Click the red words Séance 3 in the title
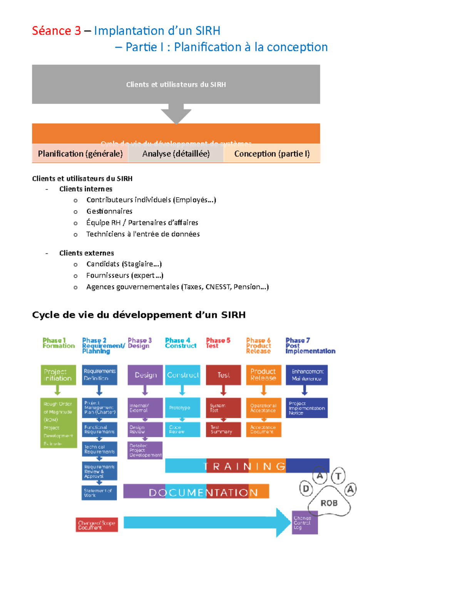56,31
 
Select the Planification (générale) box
80,154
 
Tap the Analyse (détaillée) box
176,154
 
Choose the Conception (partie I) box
272,154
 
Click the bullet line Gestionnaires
109,211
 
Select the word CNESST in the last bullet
218,287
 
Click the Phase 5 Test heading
218,343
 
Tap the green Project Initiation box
58,375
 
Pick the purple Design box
145,375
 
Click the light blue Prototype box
182,407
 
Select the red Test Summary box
223,429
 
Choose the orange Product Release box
263,375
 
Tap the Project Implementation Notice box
306,408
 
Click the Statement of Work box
99,493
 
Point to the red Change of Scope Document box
97,525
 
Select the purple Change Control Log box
305,523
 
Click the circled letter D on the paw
306,489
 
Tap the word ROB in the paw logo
329,503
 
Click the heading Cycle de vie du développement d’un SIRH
139,315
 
